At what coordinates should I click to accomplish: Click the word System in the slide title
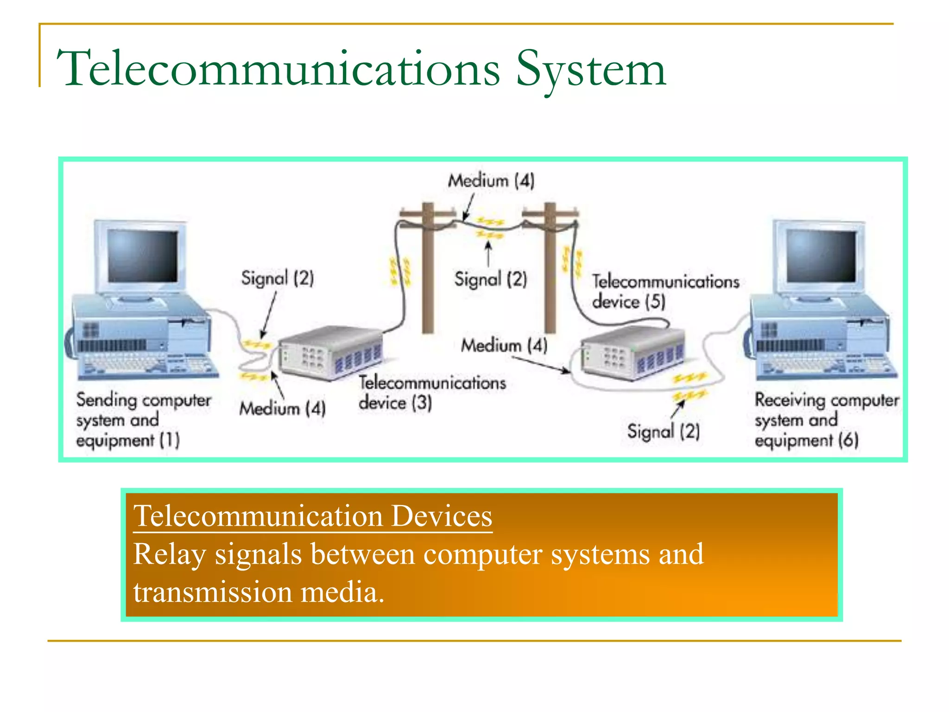tap(591, 70)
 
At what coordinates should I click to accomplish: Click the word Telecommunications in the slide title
tap(278, 70)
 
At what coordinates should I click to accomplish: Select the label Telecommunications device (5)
tap(665, 292)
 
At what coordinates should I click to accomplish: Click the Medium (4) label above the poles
tap(491, 180)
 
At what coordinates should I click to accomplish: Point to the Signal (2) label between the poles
tap(491, 279)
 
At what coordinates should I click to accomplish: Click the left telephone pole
tap(427, 278)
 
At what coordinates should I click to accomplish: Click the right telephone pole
tap(550, 278)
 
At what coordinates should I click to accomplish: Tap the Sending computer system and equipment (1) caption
tap(143, 420)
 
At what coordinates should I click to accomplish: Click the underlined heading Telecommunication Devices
tap(313, 516)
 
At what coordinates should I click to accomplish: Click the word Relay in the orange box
tap(169, 554)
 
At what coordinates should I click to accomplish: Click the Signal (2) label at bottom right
tap(664, 432)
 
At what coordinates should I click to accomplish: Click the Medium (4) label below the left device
tap(283, 408)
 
